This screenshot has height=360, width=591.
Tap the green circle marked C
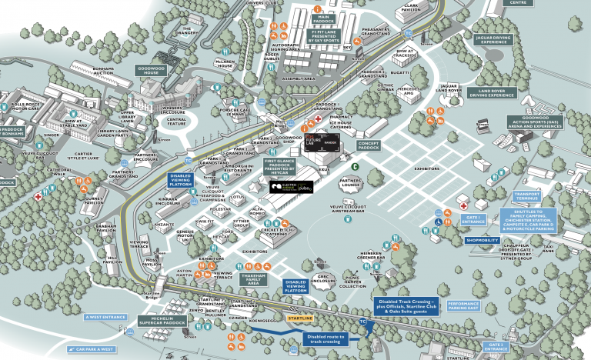pos(356,165)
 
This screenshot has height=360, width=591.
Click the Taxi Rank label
pos(549,249)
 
